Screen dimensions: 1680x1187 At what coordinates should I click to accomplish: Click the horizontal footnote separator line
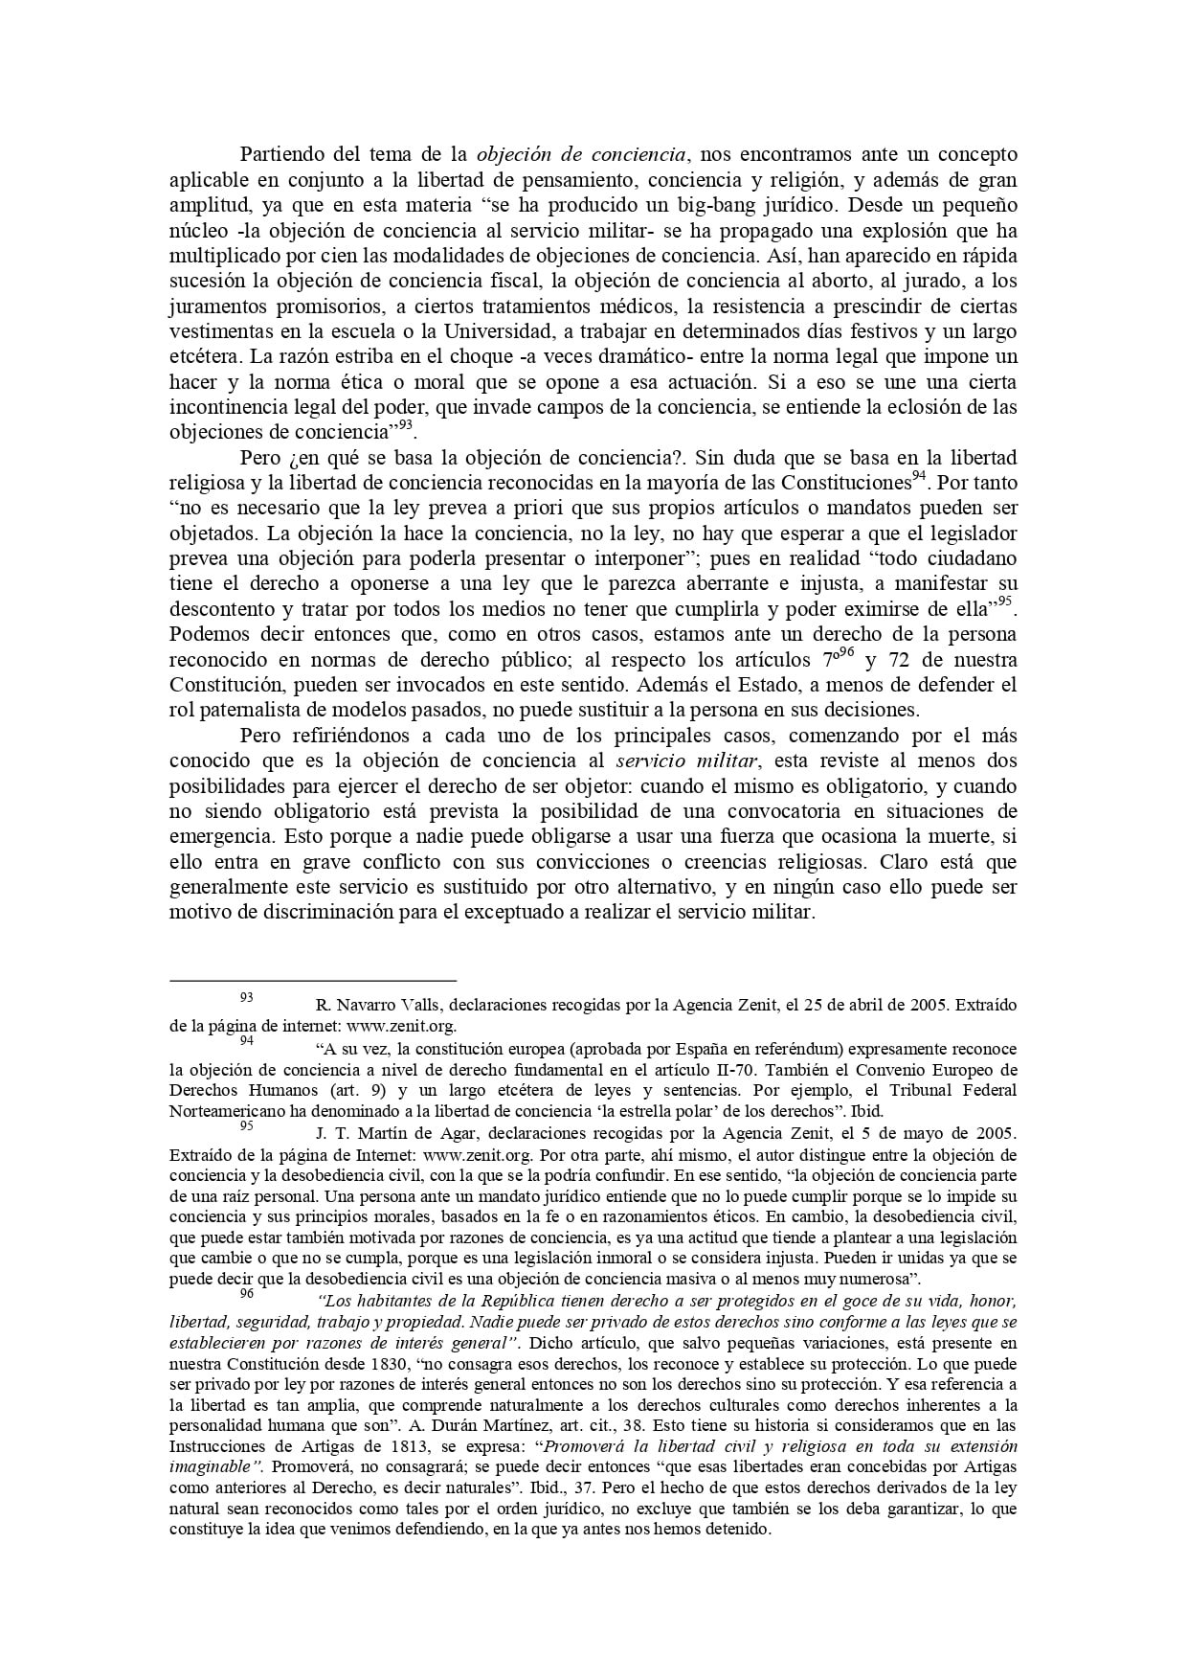(313, 981)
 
